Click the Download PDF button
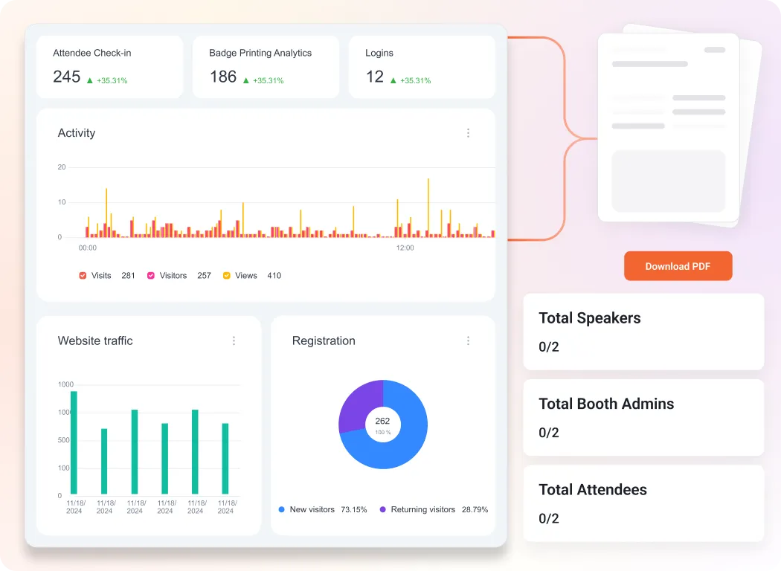(678, 266)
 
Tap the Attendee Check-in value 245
(66, 77)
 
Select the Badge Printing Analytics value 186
(222, 77)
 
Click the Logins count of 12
(375, 77)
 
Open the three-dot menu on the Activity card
(468, 133)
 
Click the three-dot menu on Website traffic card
(234, 341)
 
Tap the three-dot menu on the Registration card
(468, 341)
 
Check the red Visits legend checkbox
(83, 276)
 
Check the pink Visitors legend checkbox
(151, 276)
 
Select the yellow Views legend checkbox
(226, 276)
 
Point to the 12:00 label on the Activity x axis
(405, 248)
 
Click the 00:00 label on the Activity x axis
(88, 248)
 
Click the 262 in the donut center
(382, 421)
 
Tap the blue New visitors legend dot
(281, 510)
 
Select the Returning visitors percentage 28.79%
(475, 510)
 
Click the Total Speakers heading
(589, 318)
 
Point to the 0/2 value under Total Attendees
(548, 518)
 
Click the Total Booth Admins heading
(605, 404)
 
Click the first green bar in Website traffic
(74, 442)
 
